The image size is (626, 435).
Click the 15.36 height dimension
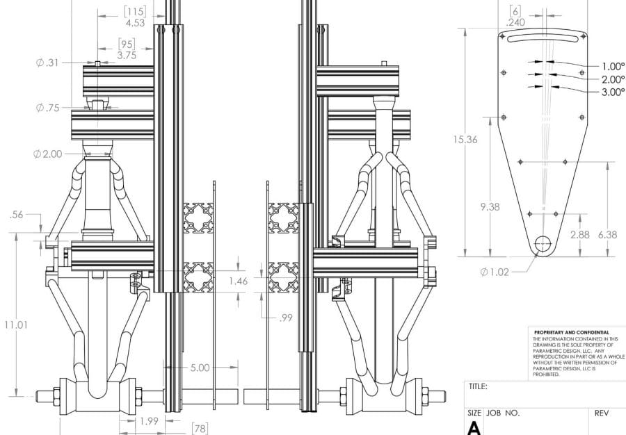(x=465, y=140)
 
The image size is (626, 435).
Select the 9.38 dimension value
(x=490, y=207)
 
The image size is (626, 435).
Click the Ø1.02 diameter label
(x=495, y=272)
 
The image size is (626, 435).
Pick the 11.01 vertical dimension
(x=17, y=325)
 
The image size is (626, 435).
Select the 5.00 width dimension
(x=200, y=368)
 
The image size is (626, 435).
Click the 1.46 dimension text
(x=239, y=281)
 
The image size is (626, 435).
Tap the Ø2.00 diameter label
(x=48, y=154)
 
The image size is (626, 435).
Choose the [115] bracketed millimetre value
(x=135, y=12)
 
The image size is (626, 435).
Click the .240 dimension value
(x=515, y=23)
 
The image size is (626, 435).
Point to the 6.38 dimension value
(x=608, y=235)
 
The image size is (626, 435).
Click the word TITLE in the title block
(x=478, y=386)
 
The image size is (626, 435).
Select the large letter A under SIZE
(x=474, y=428)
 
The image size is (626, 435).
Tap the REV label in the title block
(x=602, y=413)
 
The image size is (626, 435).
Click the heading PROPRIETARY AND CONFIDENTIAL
(x=572, y=333)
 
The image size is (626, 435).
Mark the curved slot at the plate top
(x=543, y=38)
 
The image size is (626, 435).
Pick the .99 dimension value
(x=285, y=318)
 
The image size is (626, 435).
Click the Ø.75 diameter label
(x=47, y=108)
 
